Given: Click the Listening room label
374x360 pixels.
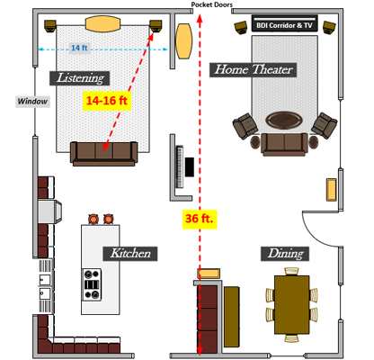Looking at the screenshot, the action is (79, 78).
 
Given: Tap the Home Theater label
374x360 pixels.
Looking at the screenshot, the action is (253, 70).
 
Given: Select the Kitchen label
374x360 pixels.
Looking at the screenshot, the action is (130, 254).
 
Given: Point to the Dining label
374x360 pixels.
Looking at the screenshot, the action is (285, 254).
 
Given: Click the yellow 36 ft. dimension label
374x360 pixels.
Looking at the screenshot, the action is (200, 219).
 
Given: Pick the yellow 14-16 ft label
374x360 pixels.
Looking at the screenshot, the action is (107, 101).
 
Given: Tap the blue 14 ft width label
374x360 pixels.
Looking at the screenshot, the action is (79, 48).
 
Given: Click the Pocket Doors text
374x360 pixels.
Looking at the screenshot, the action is (211, 4).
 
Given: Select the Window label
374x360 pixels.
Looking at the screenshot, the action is (32, 102).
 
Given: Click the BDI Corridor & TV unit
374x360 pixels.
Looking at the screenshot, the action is (284, 23).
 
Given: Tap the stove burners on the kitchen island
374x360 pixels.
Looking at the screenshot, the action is (92, 284).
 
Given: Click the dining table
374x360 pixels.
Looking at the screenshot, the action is (291, 305).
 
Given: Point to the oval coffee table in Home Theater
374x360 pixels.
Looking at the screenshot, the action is (283, 120).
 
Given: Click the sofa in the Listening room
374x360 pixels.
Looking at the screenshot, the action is (103, 153).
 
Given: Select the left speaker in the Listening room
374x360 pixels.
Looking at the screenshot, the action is (50, 25).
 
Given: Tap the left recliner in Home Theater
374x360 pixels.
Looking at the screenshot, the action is (245, 126).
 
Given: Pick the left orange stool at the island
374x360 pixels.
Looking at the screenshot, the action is (93, 219).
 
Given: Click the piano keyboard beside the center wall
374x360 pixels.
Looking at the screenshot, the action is (180, 166).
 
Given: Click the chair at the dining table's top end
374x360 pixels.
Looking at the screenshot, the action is (291, 272).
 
